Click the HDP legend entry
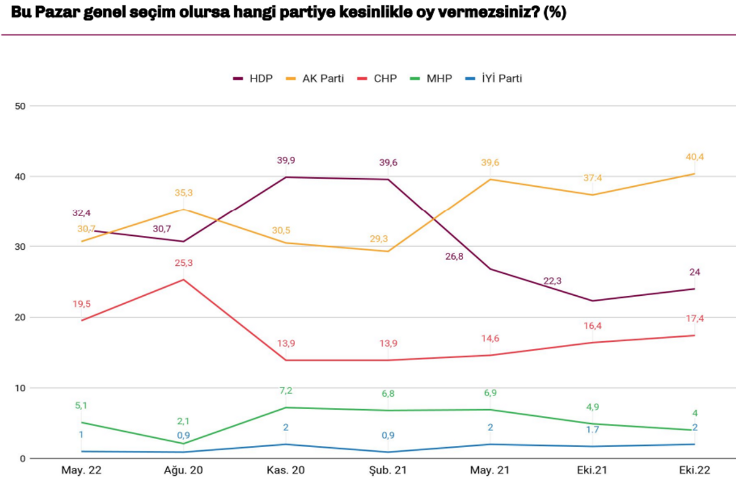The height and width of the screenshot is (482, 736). click(253, 78)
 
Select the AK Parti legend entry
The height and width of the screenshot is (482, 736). click(315, 78)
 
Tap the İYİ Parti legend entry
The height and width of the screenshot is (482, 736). click(494, 78)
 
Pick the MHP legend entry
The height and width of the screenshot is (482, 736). click(431, 78)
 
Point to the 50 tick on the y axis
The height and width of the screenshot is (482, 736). click(20, 106)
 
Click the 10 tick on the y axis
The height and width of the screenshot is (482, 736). click(20, 388)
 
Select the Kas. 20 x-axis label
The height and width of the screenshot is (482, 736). click(286, 470)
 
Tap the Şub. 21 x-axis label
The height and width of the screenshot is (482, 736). click(388, 470)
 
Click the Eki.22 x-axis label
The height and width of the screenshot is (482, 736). click(694, 470)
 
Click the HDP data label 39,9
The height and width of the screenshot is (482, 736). click(286, 160)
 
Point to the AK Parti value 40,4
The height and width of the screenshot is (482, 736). click(694, 157)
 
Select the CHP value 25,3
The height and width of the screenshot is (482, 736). click(183, 263)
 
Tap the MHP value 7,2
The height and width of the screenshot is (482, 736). click(286, 391)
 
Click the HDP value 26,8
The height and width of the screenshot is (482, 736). click(454, 256)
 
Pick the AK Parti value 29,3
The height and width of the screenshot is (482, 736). click(379, 238)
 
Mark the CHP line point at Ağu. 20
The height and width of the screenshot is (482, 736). click(183, 279)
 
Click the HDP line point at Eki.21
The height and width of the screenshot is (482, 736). click(592, 301)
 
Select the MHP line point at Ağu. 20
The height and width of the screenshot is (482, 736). click(183, 443)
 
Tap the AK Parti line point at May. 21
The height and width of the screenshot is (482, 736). click(490, 179)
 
